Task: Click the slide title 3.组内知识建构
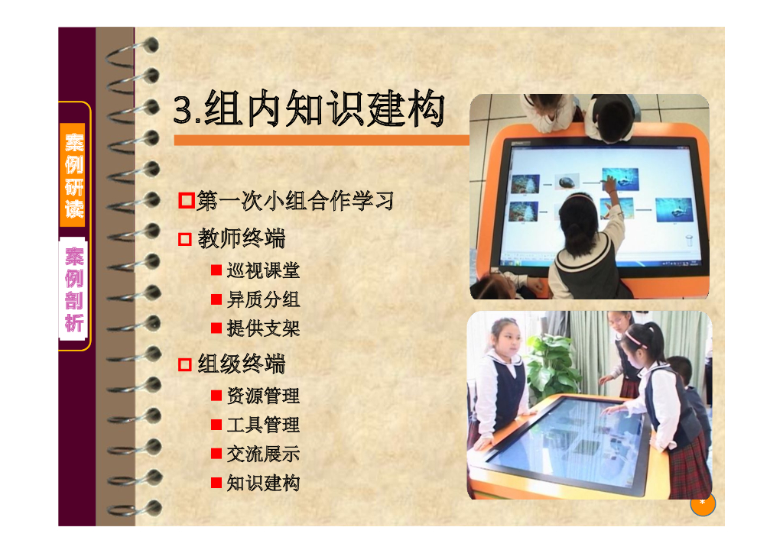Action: coord(309,110)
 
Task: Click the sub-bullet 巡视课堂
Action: coord(263,270)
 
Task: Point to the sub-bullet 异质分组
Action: coord(263,299)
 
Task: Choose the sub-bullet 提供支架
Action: coord(263,328)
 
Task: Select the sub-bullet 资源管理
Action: coord(263,396)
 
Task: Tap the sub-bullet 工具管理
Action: coord(263,425)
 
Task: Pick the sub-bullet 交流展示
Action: coord(263,454)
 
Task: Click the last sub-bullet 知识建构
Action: coord(263,483)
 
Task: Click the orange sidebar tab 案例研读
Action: coord(74,175)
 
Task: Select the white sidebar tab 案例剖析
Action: coord(74,289)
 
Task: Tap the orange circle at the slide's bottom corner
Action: coord(703,503)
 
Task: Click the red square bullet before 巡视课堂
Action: coord(216,270)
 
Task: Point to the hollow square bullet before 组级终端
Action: coord(185,365)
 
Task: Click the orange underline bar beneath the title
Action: coord(321,141)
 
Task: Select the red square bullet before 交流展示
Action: coord(216,454)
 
